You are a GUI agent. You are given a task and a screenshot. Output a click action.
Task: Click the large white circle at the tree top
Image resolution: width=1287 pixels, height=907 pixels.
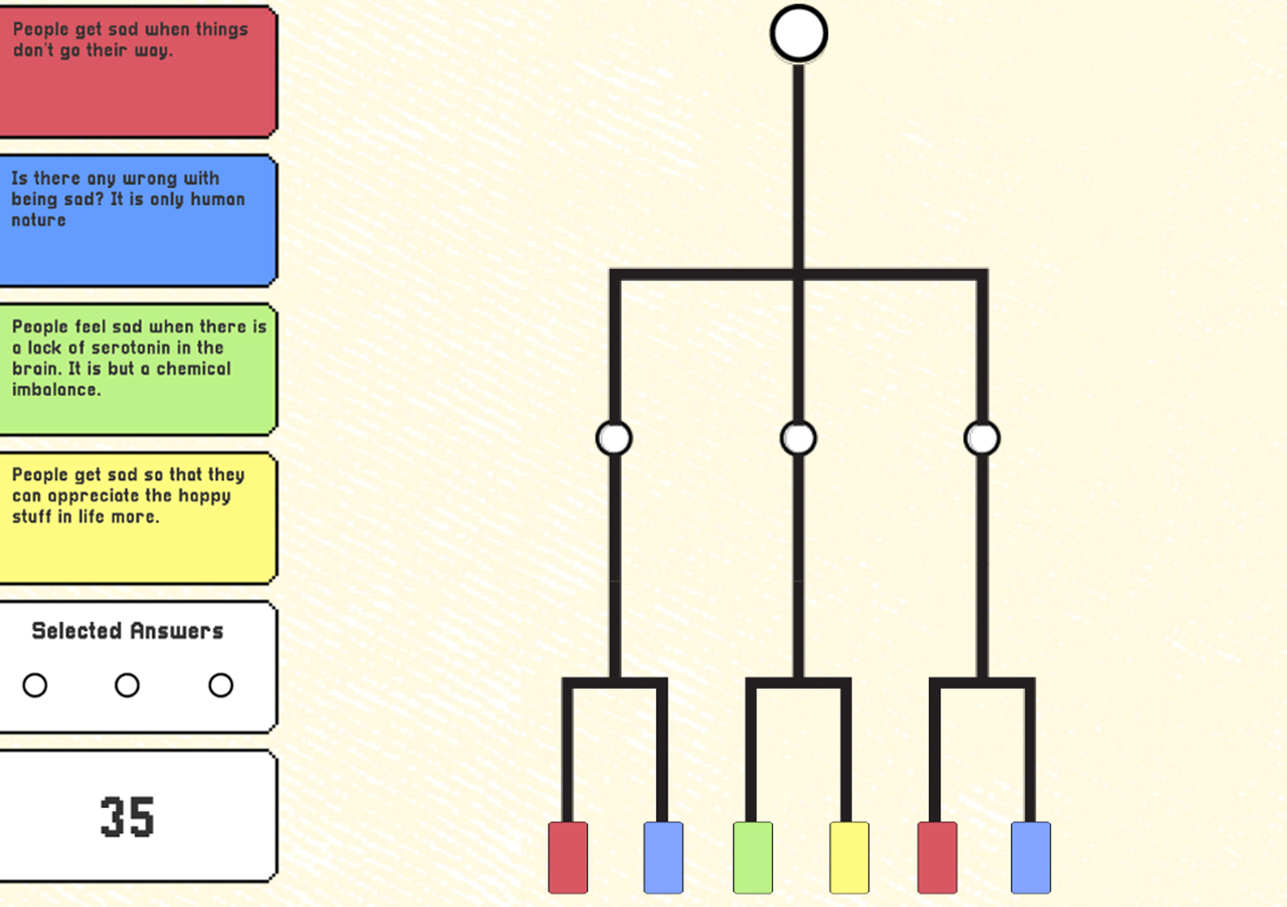point(798,34)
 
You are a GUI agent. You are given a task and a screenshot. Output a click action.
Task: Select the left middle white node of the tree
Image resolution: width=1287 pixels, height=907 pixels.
point(614,438)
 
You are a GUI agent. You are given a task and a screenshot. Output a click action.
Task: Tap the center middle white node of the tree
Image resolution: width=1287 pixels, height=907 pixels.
point(798,438)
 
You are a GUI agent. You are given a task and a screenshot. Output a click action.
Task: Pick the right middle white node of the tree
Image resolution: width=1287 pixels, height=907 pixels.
point(982,438)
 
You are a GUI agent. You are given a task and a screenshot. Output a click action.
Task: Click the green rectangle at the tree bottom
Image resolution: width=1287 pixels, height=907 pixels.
point(753,857)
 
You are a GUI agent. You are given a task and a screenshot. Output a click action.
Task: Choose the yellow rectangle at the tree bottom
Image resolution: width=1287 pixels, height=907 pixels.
point(849,857)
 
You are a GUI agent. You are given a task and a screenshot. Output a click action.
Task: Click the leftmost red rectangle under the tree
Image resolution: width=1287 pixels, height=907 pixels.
point(568,857)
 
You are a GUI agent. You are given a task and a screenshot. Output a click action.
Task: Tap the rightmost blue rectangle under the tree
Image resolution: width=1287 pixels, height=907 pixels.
point(1031,857)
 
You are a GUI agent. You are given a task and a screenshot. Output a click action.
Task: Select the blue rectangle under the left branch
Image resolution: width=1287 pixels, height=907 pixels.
point(663,857)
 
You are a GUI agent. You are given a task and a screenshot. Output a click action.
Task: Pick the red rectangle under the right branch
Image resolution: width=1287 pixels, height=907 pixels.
point(937,857)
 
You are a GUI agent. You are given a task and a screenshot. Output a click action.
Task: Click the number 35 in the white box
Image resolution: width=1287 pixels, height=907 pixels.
point(127,817)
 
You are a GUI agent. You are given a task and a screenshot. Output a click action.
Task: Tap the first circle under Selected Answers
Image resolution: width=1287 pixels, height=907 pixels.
point(35,685)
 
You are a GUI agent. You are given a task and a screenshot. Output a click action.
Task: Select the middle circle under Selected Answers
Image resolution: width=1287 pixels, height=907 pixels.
point(127,685)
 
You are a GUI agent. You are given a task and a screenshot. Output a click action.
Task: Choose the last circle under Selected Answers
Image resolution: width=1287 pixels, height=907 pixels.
point(221,685)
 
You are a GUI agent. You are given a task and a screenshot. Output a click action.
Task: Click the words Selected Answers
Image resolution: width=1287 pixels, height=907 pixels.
point(127,631)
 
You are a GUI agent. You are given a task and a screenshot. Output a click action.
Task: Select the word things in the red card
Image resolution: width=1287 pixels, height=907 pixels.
point(222,29)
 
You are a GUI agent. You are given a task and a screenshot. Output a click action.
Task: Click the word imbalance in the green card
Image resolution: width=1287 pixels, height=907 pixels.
point(56,390)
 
